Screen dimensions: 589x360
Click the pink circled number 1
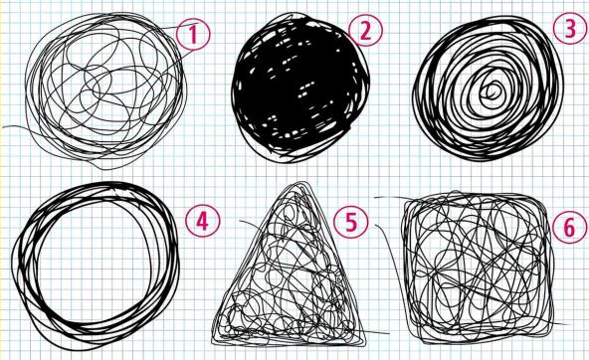pos(193,34)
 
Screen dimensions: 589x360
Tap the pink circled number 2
pos(365,31)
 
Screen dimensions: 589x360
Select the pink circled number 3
pos(570,29)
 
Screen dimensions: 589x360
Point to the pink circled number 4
pos(203,221)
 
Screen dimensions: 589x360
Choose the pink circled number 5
pos(351,221)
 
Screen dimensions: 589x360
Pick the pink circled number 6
pos(569,227)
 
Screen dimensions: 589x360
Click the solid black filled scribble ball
pos(299,88)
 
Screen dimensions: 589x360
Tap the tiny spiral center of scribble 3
pos(492,90)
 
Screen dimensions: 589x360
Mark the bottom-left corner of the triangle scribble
pos(214,341)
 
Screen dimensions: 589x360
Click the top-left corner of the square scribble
pos(406,199)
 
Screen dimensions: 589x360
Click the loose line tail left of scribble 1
pos(15,127)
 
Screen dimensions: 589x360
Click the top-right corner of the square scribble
pos(544,200)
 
